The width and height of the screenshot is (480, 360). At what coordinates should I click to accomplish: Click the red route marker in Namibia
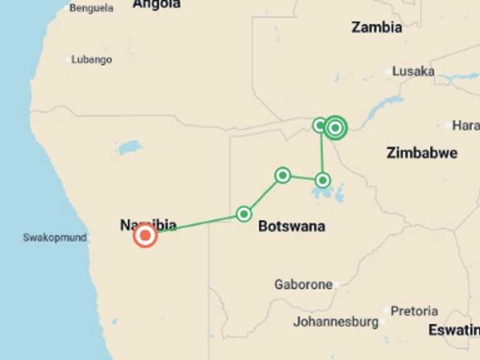(145, 236)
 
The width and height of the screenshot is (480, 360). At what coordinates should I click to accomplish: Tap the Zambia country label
(376, 27)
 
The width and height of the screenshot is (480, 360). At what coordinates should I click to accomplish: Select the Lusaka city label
(412, 71)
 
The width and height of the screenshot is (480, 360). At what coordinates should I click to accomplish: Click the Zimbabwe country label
(421, 152)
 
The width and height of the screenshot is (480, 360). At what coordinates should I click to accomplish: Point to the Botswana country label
(291, 226)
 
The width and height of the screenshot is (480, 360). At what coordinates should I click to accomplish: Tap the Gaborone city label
(303, 284)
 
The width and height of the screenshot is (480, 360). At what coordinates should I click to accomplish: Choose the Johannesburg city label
(336, 322)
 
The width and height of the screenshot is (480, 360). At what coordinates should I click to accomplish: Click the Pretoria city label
(414, 311)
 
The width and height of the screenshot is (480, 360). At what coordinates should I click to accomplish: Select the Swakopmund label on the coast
(54, 237)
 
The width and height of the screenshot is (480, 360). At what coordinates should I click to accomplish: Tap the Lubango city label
(91, 60)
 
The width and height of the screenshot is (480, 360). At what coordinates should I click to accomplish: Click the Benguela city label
(91, 8)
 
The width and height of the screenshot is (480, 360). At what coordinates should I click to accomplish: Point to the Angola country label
(156, 4)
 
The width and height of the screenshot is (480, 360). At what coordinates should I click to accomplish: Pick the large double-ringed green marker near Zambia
(336, 127)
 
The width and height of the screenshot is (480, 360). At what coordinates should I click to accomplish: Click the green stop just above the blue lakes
(322, 181)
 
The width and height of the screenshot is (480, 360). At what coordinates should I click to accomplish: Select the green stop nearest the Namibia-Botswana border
(244, 214)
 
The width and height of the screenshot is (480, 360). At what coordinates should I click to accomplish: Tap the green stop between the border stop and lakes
(282, 175)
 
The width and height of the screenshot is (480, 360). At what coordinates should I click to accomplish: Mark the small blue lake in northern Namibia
(129, 148)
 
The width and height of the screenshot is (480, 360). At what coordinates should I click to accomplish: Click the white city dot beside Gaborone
(336, 284)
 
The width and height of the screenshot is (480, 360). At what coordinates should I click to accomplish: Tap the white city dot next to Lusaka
(388, 72)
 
